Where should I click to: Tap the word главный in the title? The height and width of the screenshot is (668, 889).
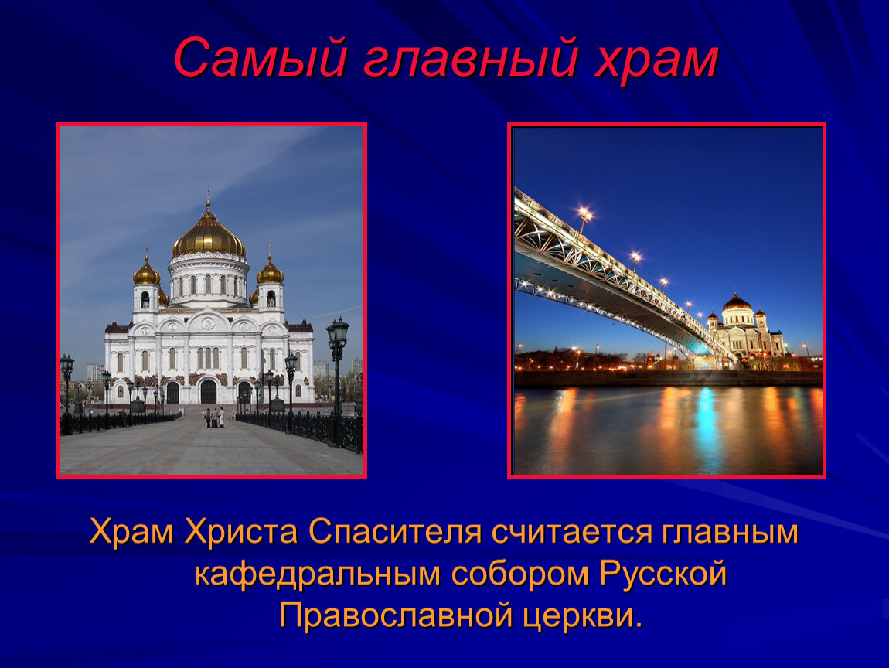click(471, 60)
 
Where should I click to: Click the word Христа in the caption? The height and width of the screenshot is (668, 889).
click(241, 532)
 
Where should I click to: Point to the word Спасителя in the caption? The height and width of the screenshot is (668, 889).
click(394, 532)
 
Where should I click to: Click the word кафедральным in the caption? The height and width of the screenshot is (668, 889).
click(318, 574)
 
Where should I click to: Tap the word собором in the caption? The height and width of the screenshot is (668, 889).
click(520, 574)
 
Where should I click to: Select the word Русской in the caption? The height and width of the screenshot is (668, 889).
click(662, 574)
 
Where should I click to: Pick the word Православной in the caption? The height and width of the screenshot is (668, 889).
click(396, 616)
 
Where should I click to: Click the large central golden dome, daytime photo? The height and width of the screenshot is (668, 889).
click(208, 235)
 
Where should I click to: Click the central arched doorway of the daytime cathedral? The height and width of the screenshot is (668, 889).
click(208, 392)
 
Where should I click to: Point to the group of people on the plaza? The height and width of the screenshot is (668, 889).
click(214, 417)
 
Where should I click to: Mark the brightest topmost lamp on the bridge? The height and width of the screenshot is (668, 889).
click(584, 214)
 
